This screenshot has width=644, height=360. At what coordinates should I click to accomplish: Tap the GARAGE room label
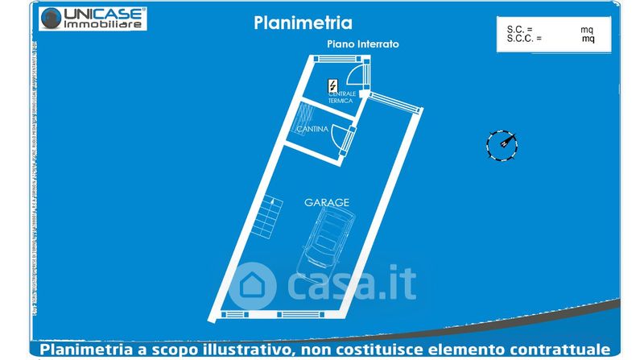click(326, 203)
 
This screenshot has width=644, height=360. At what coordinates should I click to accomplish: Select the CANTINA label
click(311, 130)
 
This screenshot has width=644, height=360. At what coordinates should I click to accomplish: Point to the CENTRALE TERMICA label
click(341, 97)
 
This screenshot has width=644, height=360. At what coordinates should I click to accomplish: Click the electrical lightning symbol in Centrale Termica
click(332, 85)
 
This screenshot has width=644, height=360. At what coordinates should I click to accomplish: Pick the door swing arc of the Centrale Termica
click(354, 75)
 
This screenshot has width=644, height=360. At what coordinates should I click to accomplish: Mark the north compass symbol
click(502, 145)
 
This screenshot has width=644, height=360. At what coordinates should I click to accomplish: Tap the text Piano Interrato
click(362, 43)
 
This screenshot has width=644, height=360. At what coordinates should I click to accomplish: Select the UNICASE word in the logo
click(103, 13)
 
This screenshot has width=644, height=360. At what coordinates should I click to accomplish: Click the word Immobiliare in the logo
click(104, 25)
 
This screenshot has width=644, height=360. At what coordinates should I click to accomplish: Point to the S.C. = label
click(519, 29)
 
